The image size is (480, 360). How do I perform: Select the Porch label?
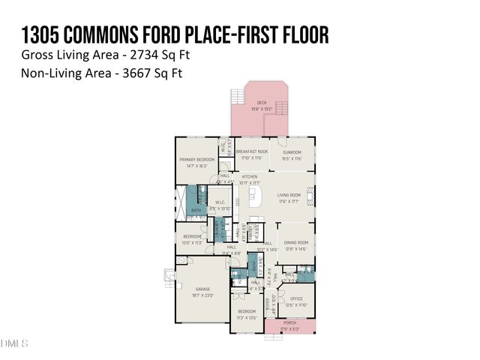289,325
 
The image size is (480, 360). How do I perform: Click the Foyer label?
268,303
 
